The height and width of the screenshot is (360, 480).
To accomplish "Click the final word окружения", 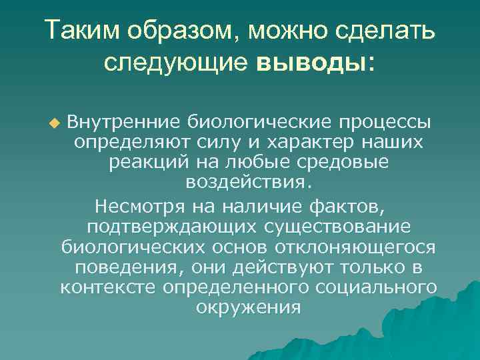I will pos(249,307).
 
